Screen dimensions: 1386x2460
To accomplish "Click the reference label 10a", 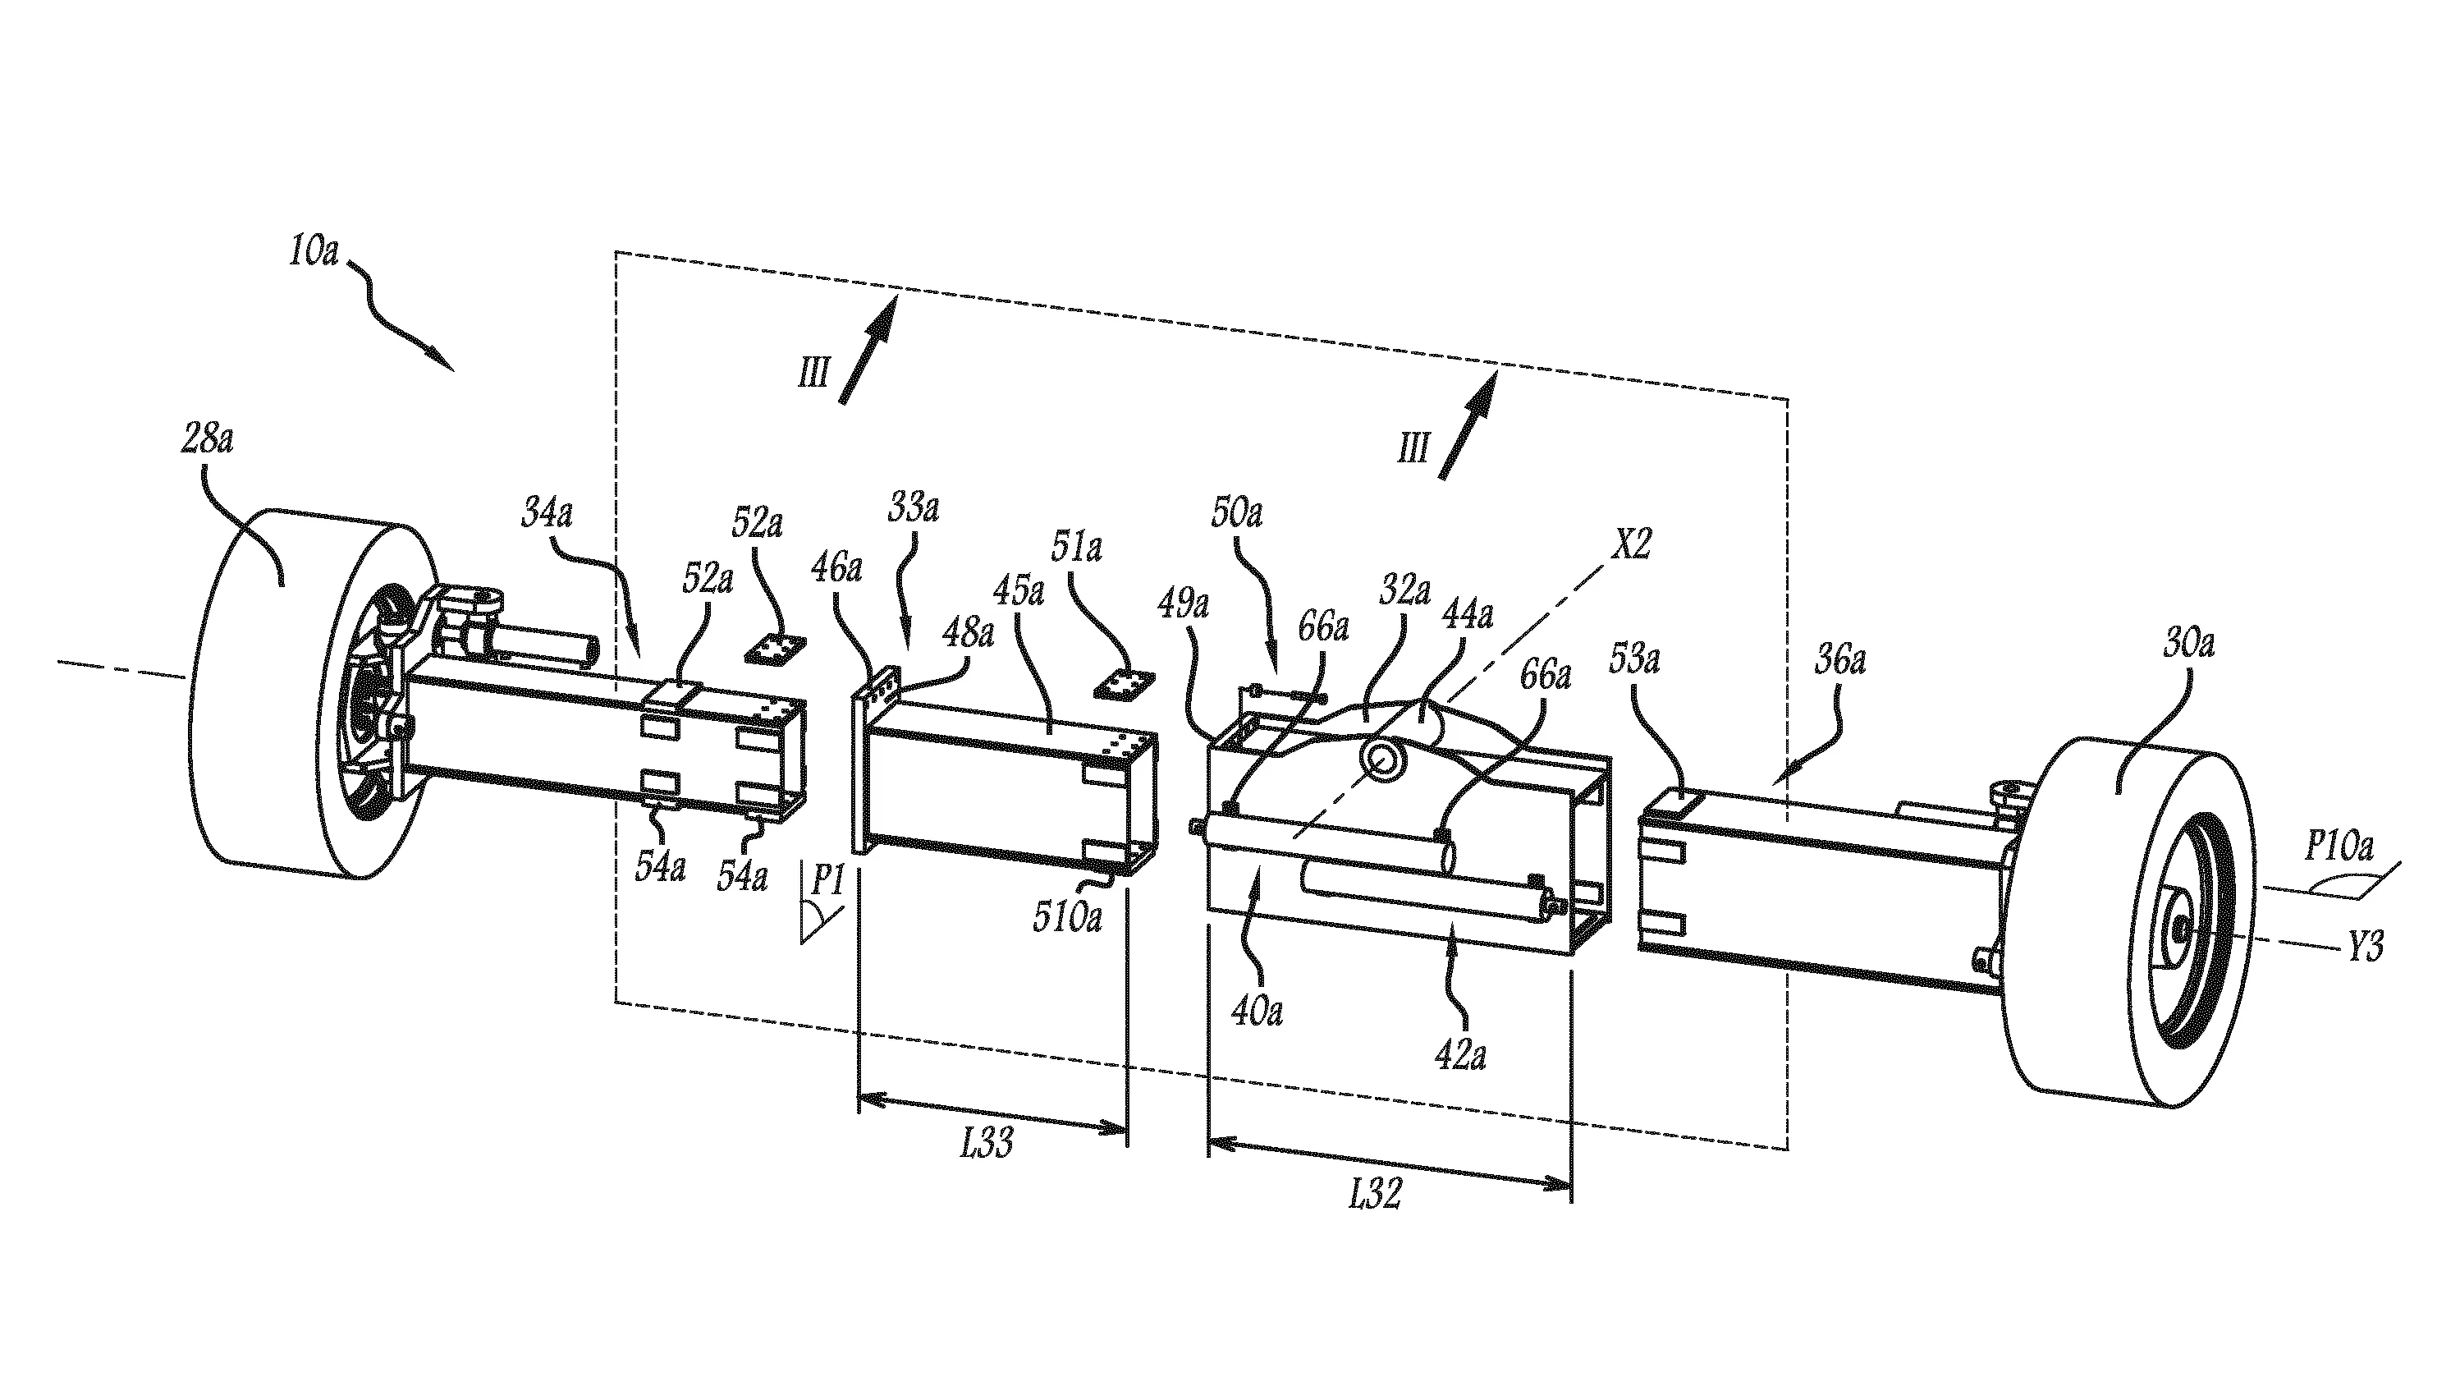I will pos(314,251).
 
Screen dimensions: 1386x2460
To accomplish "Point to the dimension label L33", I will pos(987,1142).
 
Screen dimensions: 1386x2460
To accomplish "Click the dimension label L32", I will pos(1375,1193).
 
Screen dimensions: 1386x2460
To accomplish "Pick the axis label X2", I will pos(1631,544).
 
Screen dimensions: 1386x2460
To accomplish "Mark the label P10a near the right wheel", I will pos(2339,847).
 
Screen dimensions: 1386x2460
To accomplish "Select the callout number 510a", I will pos(1067,917).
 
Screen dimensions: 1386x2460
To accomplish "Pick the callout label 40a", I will pos(1257,1010).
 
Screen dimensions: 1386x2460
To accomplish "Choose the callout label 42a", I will pos(1460,1055).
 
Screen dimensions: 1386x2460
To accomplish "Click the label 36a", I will pos(1839,660).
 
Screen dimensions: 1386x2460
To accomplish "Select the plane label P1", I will pos(827,881).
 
